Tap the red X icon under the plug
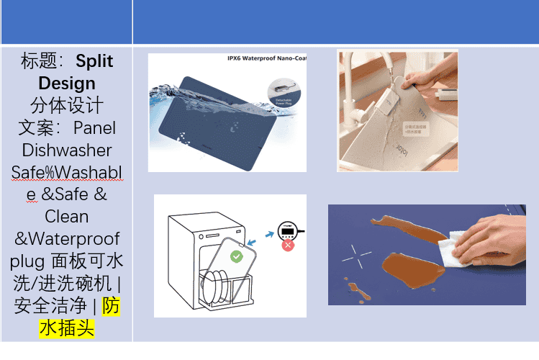pos(288,246)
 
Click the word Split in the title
pos(94,60)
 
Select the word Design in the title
pos(67,83)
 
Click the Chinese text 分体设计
pos(67,105)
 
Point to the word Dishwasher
pos(67,150)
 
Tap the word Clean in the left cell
pos(67,216)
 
